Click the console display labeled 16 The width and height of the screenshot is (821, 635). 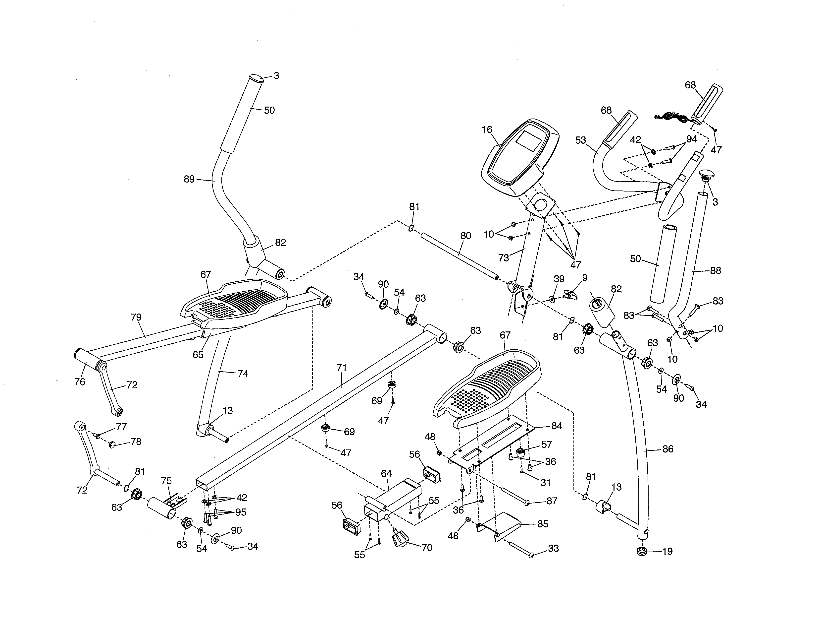(519, 158)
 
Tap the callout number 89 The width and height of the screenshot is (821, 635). (189, 179)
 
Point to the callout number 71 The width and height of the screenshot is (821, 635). (341, 368)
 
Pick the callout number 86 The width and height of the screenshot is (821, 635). (668, 449)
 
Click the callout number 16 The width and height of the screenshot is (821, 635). (487, 129)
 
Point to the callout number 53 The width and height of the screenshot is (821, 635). (581, 140)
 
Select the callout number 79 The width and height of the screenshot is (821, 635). (136, 317)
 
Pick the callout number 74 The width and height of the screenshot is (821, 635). (243, 374)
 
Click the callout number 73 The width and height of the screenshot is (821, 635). (503, 258)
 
